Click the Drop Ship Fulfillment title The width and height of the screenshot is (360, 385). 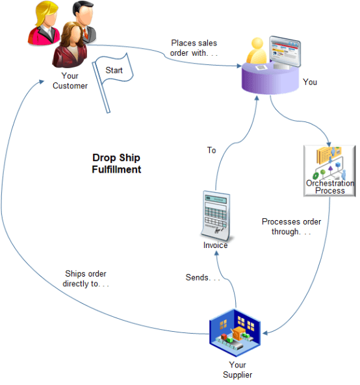click(x=116, y=164)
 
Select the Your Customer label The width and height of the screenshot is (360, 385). click(x=70, y=81)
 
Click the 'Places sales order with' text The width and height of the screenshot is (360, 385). click(x=194, y=48)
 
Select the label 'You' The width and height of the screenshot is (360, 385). click(x=310, y=82)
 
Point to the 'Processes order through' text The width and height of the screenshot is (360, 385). click(x=291, y=226)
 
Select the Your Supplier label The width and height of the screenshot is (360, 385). click(x=237, y=369)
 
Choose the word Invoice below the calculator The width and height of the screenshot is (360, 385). click(x=215, y=245)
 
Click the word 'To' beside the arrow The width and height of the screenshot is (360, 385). click(x=211, y=150)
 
